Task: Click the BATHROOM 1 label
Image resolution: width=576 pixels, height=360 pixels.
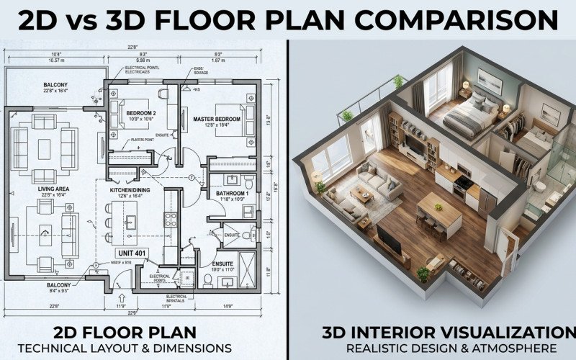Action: click(x=232, y=194)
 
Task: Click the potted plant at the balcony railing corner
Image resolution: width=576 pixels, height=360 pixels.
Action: click(x=397, y=81)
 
